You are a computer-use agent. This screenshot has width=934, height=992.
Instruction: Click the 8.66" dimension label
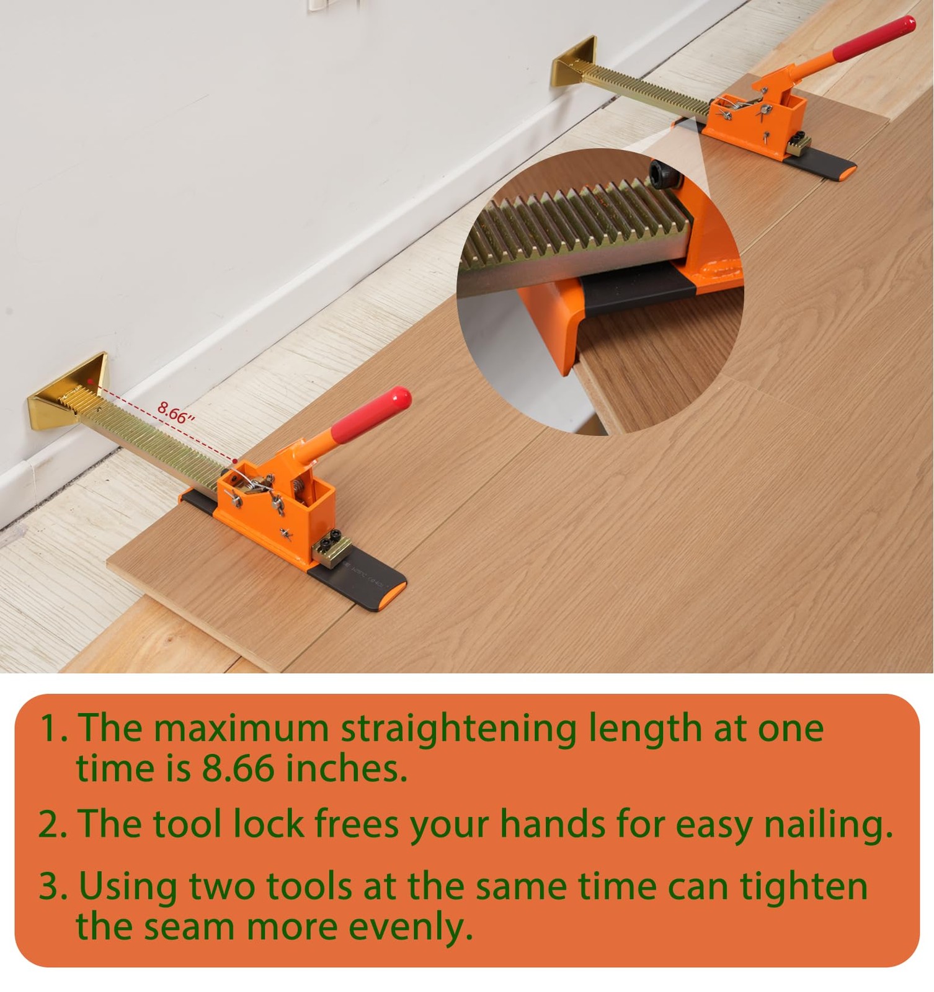176,412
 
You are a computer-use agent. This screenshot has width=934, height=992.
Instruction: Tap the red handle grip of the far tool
874,38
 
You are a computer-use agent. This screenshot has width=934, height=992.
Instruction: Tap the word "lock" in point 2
269,824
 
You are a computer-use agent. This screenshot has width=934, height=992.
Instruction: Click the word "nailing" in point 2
828,826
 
